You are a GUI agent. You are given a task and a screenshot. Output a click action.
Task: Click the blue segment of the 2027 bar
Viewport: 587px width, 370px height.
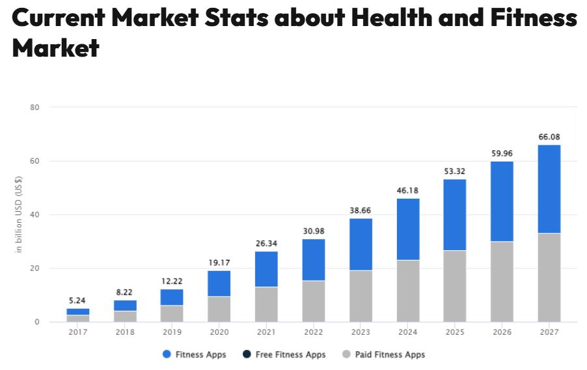click(x=549, y=189)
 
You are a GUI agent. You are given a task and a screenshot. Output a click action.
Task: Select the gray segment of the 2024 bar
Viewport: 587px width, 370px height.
click(x=407, y=291)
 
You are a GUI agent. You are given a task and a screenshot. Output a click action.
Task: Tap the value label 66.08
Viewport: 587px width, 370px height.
click(x=549, y=137)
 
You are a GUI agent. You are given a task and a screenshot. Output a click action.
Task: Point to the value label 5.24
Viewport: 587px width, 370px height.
click(x=77, y=300)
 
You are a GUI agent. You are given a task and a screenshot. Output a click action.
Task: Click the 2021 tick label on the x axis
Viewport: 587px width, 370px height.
click(x=266, y=332)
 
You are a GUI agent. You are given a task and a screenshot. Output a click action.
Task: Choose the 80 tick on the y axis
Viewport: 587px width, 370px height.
click(x=34, y=107)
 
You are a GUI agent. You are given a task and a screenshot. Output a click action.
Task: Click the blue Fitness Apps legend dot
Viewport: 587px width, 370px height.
click(x=167, y=354)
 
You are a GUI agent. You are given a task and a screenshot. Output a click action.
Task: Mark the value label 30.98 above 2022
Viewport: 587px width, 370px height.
click(x=313, y=231)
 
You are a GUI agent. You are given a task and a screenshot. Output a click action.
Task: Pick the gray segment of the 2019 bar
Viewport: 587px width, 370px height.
click(x=172, y=313)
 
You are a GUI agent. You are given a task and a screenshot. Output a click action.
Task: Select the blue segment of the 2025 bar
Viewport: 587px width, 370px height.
click(x=454, y=214)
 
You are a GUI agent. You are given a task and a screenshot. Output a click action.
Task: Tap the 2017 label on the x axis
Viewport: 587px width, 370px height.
click(x=77, y=332)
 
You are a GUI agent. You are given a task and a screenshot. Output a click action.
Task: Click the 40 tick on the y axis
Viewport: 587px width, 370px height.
click(x=34, y=214)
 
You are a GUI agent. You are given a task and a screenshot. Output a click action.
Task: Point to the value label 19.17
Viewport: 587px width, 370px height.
click(x=219, y=263)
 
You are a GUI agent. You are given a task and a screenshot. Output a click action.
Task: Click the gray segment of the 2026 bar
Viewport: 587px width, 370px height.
click(x=502, y=281)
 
